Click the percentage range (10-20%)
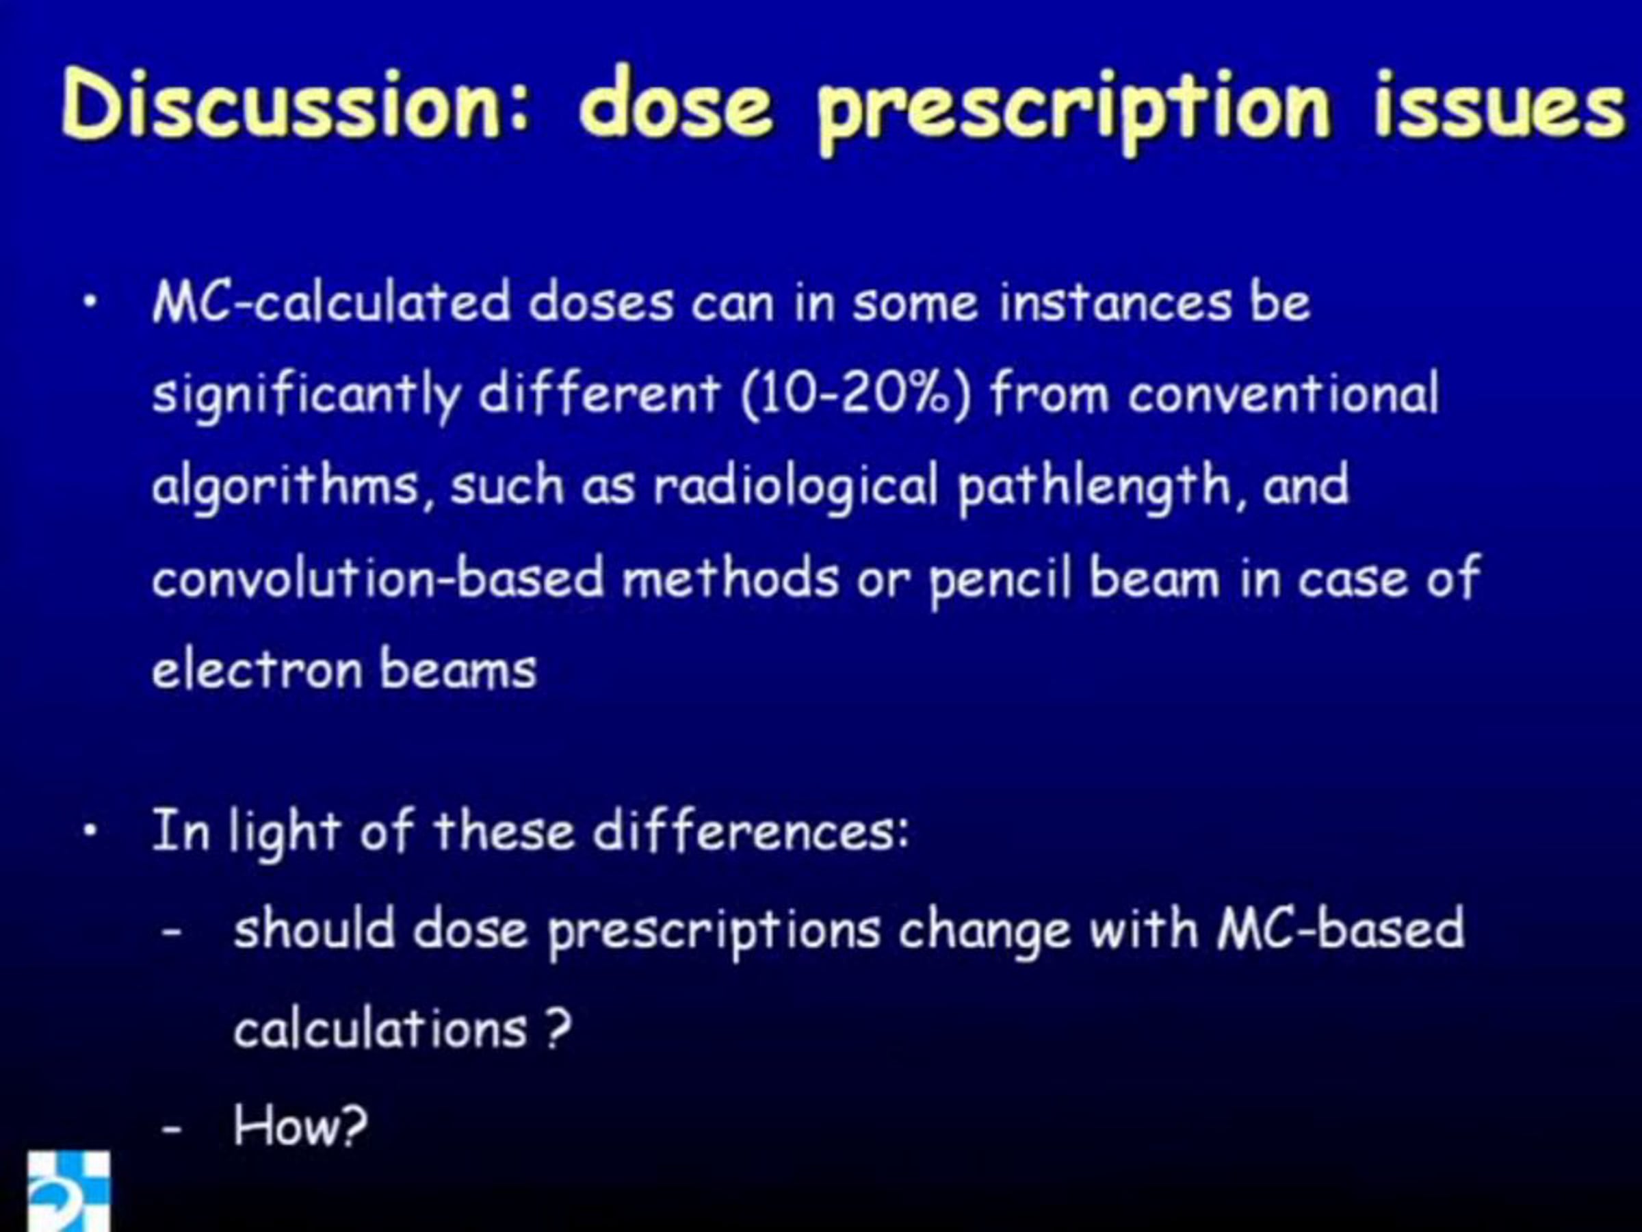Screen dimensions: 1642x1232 (x=857, y=393)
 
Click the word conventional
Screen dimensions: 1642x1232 (x=1283, y=393)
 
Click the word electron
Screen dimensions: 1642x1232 (x=257, y=669)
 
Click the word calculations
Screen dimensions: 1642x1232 (x=381, y=1028)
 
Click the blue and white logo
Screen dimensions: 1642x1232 (x=69, y=1191)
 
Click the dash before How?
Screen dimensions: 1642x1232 (x=172, y=1129)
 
